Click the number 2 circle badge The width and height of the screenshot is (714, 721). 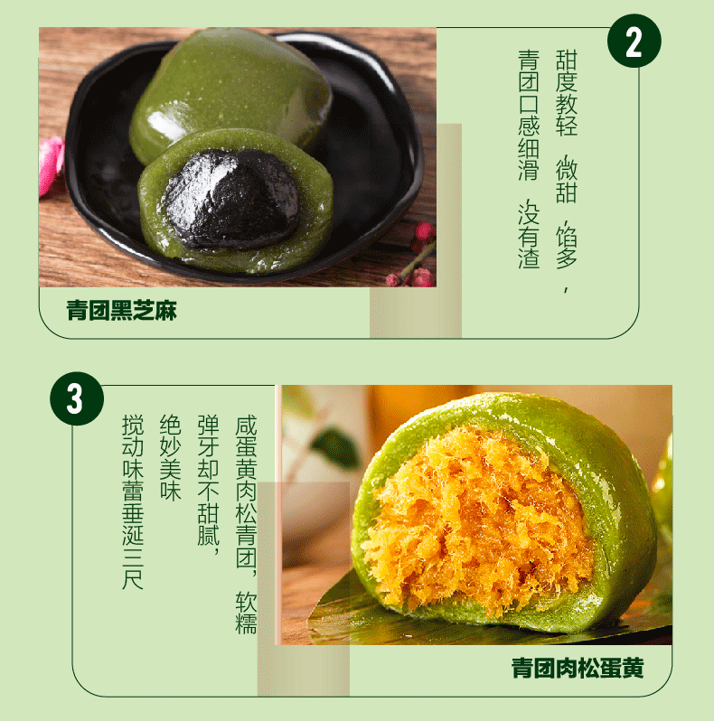point(634,42)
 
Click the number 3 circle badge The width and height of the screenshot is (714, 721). point(75,398)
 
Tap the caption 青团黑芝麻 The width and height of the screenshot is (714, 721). point(121,312)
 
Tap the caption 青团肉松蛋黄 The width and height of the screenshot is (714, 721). point(578,669)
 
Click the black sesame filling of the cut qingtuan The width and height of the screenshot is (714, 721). point(230,197)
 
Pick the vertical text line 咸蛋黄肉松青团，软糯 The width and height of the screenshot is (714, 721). point(246,524)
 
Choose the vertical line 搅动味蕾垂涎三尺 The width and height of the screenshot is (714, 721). point(132,501)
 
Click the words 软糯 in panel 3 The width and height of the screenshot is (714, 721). point(246,614)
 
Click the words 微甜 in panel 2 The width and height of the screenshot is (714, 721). point(567,181)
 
